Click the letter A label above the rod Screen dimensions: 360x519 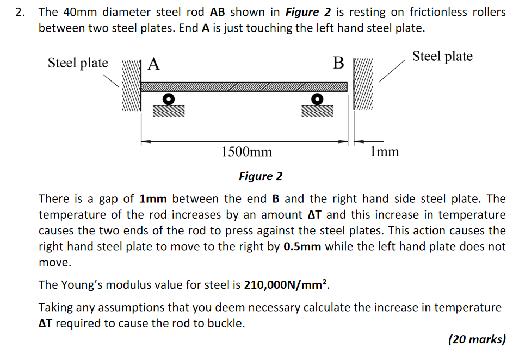pyautogui.click(x=154, y=65)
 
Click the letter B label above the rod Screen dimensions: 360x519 pyautogui.click(x=338, y=64)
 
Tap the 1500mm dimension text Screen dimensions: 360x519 pyautogui.click(x=246, y=151)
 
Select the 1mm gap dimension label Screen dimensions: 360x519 pyautogui.click(x=384, y=151)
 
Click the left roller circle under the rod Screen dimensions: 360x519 pyautogui.click(x=169, y=99)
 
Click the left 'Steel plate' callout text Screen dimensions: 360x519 pyautogui.click(x=78, y=63)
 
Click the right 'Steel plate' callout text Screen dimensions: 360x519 pyautogui.click(x=442, y=56)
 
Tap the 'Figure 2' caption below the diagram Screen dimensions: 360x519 pyautogui.click(x=261, y=176)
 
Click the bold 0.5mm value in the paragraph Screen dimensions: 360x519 pyautogui.click(x=302, y=246)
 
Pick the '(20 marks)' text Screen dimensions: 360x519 pyautogui.click(x=477, y=339)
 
